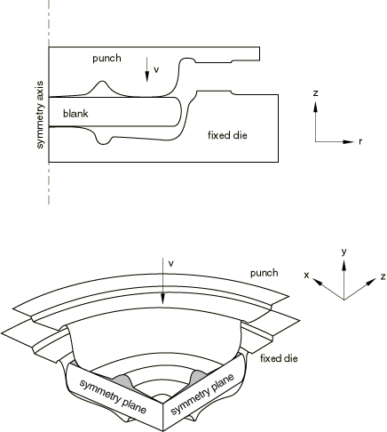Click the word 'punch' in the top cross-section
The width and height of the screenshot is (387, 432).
pos(107,58)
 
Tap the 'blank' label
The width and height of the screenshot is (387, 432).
pos(75,113)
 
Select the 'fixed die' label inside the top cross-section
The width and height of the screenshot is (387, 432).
pos(227,135)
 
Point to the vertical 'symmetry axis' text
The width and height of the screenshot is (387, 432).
pos(40,115)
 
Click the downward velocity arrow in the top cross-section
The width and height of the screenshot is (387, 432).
pos(146,70)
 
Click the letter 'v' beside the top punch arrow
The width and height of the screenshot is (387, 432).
pos(156,69)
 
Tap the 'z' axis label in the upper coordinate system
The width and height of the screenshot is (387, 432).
pos(316,93)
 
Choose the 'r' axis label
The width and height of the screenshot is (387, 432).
pos(360,141)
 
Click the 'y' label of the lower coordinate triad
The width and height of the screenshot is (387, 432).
pos(344,252)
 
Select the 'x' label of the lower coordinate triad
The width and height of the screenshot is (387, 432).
pos(306,276)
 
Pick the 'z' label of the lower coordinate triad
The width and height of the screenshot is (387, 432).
pos(383,276)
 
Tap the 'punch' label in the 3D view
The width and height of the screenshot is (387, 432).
pos(265,273)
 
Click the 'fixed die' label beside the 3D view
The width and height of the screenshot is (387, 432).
pos(279,358)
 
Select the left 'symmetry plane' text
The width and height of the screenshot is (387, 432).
pos(113,396)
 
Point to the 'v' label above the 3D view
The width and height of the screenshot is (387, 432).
pos(170,263)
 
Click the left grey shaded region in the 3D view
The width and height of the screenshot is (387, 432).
pos(122,380)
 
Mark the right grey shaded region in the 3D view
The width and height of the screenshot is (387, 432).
pos(197,376)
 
